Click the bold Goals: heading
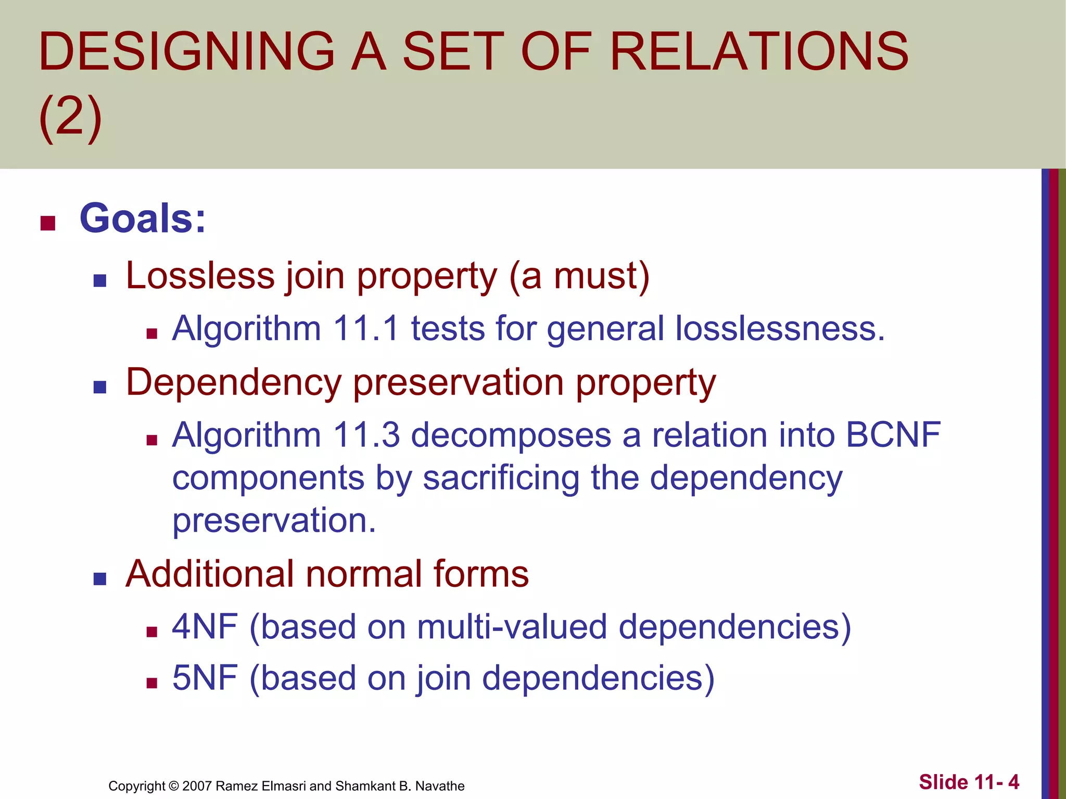pyautogui.click(x=143, y=218)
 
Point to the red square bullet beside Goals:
pyautogui.click(x=48, y=223)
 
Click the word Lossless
pyautogui.click(x=200, y=276)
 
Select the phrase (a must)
pyautogui.click(x=579, y=276)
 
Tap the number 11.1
pyautogui.click(x=366, y=329)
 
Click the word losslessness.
pyautogui.click(x=780, y=329)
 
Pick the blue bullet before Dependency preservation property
pyautogui.click(x=99, y=387)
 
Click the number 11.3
pyautogui.click(x=366, y=435)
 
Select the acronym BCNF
pyautogui.click(x=893, y=435)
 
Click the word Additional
pyautogui.click(x=209, y=574)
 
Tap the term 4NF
pyautogui.click(x=205, y=626)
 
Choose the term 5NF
pyautogui.click(x=205, y=678)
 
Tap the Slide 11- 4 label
pyautogui.click(x=969, y=782)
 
